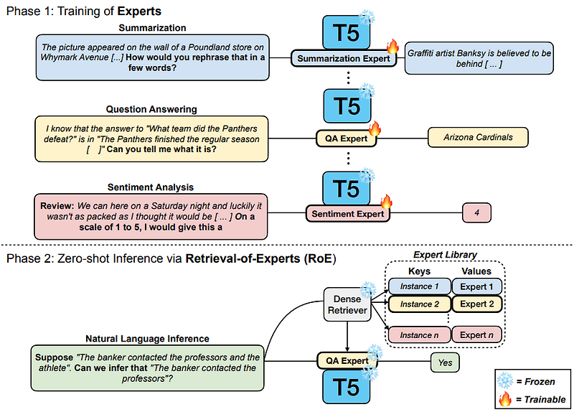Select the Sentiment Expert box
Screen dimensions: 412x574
347,213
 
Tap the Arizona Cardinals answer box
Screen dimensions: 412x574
478,137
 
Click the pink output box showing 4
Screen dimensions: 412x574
478,212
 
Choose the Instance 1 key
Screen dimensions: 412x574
416,286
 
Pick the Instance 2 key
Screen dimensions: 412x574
416,304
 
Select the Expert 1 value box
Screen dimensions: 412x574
477,286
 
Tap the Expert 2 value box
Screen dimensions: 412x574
477,304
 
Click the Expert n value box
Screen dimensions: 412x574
477,334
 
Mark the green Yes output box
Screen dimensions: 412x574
446,362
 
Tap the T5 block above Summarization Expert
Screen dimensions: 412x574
347,31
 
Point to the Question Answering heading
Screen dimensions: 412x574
151,109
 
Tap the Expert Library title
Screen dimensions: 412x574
446,255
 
